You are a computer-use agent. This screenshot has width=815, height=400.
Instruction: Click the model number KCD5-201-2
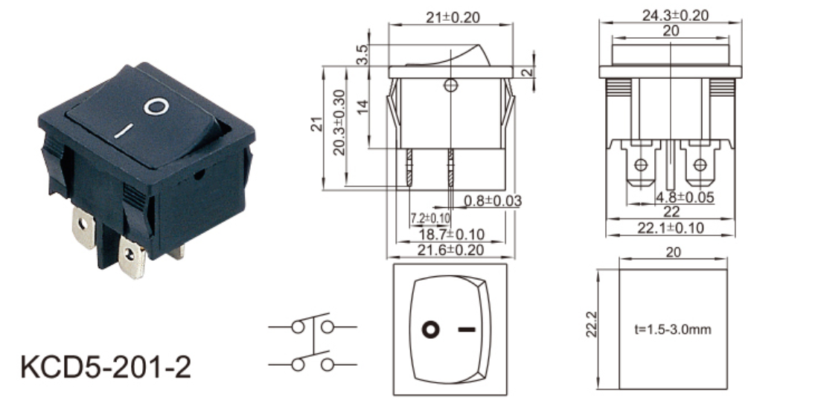point(106,367)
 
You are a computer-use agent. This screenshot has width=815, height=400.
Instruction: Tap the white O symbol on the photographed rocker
point(156,107)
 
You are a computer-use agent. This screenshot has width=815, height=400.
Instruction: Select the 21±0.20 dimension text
point(453,17)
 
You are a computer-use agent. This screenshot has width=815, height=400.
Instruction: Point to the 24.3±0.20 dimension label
point(674,16)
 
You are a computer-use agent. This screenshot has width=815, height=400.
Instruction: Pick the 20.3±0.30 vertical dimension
point(339,122)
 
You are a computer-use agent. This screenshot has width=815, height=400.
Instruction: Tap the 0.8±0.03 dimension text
point(492,201)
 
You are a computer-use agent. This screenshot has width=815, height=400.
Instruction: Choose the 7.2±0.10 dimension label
point(430,218)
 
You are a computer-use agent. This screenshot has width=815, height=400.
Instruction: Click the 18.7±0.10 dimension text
point(451,235)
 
